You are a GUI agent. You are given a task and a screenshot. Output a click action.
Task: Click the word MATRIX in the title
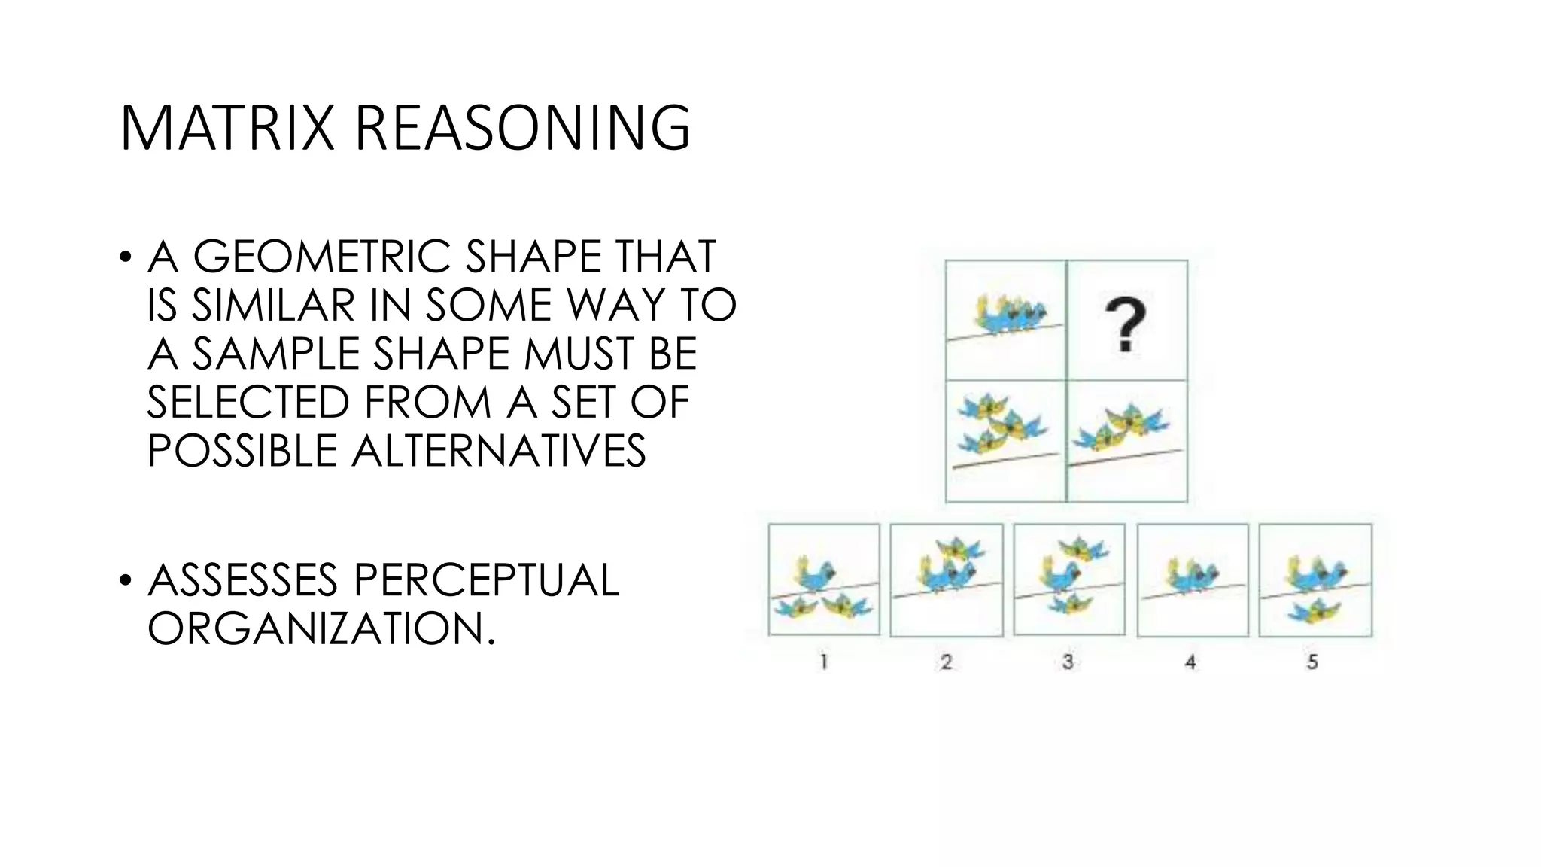226,129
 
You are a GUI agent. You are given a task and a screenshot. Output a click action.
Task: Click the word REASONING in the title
521,129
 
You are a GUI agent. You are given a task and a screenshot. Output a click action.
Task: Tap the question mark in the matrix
1125,324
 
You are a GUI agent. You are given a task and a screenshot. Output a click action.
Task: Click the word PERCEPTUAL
485,580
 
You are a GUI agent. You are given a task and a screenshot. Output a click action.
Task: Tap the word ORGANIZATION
321,628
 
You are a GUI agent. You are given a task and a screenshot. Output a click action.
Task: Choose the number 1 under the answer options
824,662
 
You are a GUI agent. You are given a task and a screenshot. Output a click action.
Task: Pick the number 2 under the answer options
946,662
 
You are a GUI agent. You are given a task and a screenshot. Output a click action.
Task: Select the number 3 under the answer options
1068,662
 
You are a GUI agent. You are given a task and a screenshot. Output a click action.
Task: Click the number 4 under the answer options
1190,662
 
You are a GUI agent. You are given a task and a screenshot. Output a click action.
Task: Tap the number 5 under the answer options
1312,662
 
